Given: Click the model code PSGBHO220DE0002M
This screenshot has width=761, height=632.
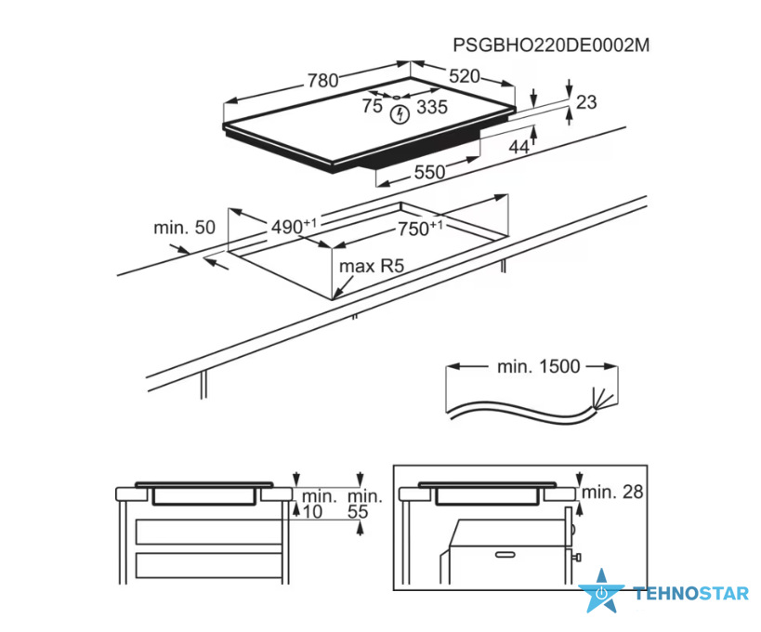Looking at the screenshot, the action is pos(551,46).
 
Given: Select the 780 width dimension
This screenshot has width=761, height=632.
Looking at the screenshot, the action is pos(322,81).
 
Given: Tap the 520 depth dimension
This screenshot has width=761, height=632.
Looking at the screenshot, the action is pos(465,76).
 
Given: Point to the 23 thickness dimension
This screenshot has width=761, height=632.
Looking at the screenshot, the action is pos(586,102).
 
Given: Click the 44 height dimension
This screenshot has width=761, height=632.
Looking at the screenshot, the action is pos(518,147).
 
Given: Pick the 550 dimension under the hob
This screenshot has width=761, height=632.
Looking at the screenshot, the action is pos(429,172).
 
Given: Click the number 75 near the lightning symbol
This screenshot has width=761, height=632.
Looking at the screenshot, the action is pos(373,106).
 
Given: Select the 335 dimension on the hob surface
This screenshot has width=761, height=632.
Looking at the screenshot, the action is pos(432,107).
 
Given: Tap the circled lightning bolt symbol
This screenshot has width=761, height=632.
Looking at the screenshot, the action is pos(400,114).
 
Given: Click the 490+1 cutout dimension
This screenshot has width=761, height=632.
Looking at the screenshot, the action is pos(294,226).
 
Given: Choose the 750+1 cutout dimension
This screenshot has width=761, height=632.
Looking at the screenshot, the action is pos(420,228).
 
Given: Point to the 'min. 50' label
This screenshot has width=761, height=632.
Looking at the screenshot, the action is pos(184,227).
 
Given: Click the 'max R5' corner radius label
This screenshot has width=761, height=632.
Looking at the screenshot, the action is pos(372,266).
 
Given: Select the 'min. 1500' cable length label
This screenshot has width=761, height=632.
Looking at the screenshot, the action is pos(539,366).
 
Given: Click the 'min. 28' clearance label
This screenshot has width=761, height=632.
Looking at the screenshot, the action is pos(612,492).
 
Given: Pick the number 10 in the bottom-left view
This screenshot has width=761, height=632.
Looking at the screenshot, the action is pos(312,511).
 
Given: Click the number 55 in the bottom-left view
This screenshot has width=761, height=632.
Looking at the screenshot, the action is pos(358,511).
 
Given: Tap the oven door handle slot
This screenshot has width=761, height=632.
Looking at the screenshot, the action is pos(505,554).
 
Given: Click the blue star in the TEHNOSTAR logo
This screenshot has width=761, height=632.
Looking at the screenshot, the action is pos(602,591).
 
